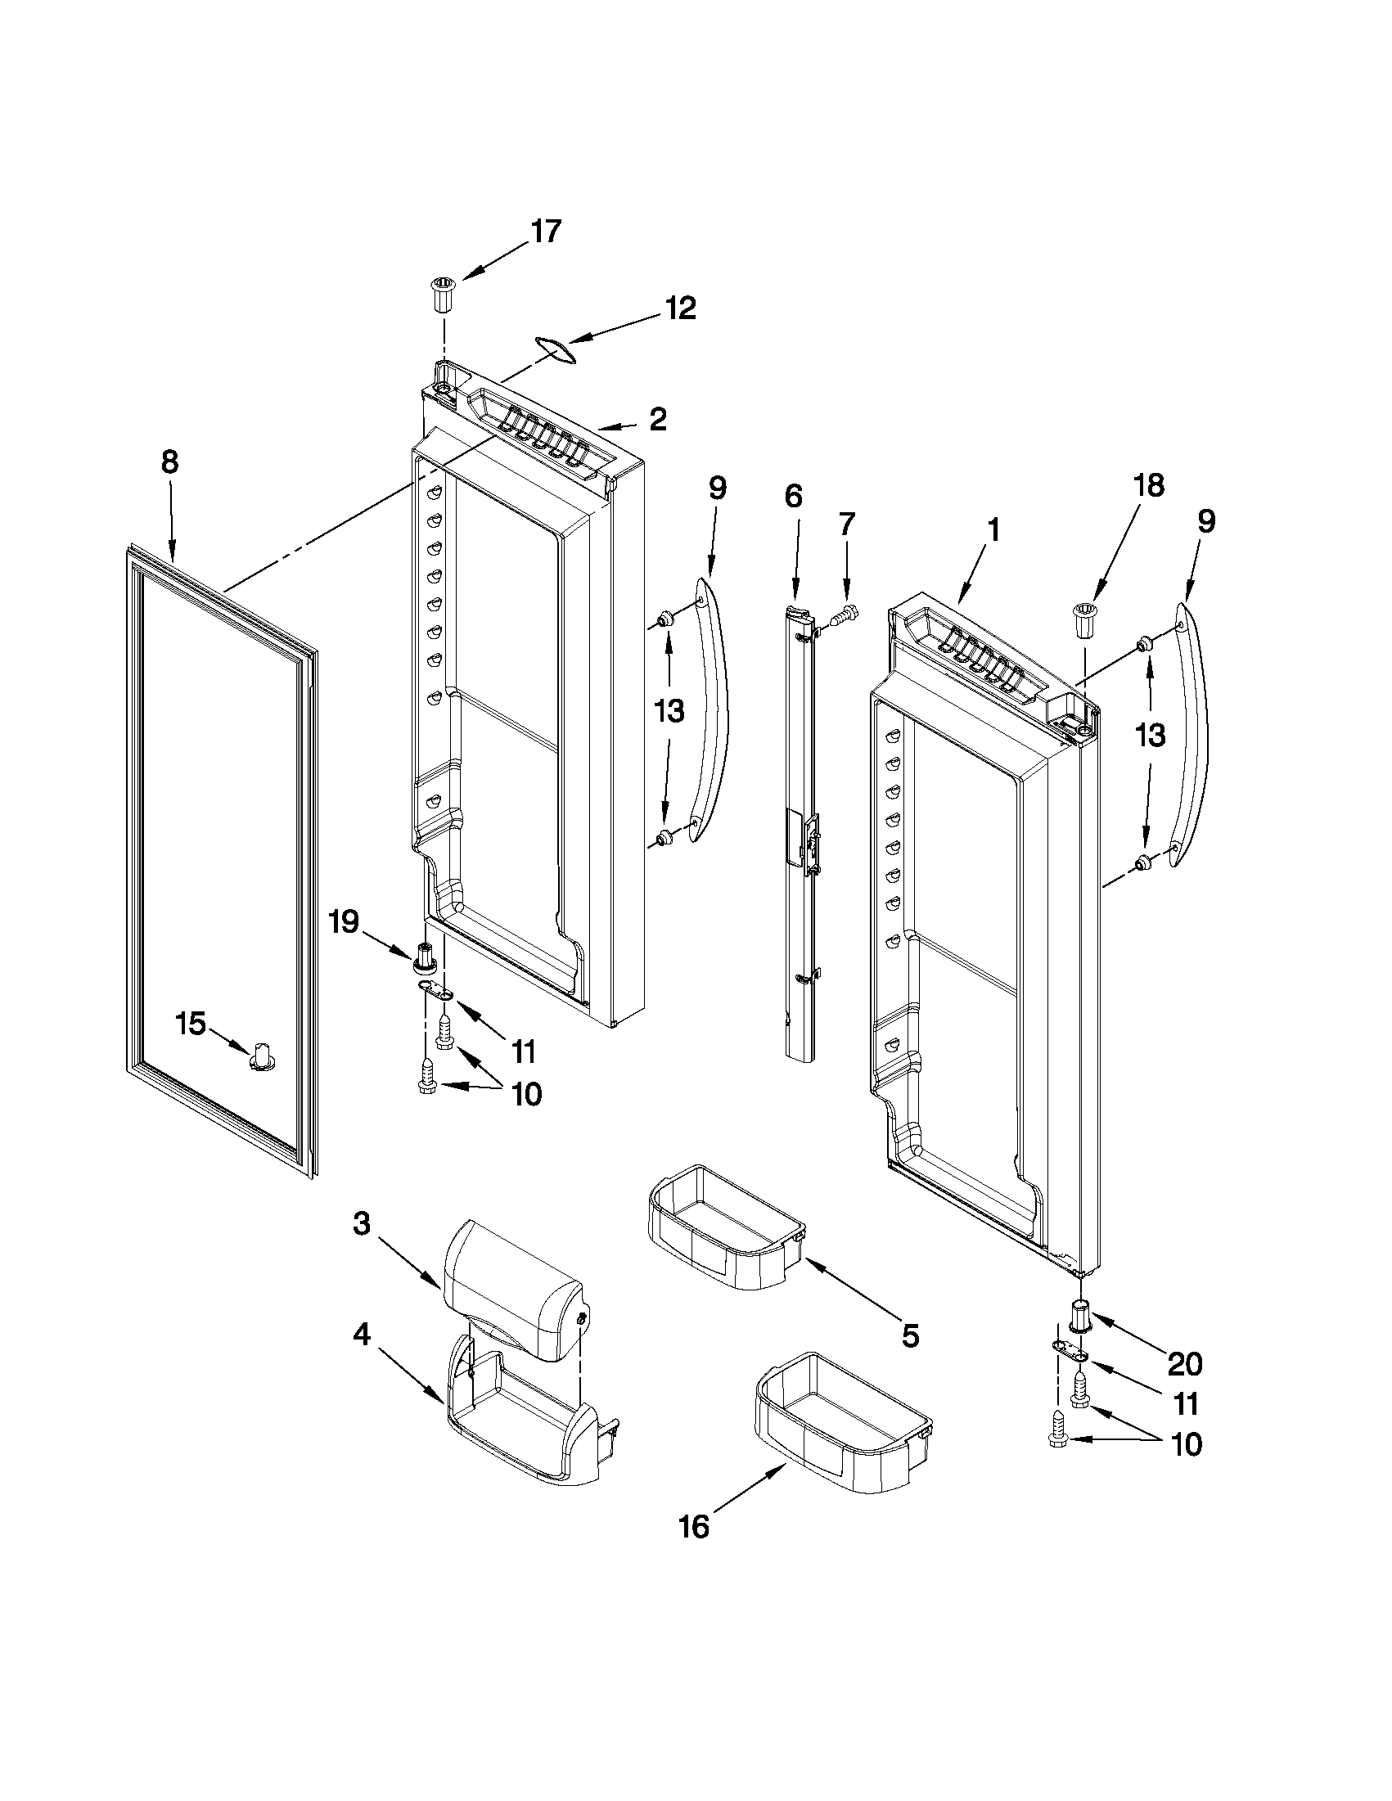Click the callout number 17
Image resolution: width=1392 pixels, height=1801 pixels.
546,232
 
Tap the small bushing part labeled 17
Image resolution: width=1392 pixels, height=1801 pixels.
442,295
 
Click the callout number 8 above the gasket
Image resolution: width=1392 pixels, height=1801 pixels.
169,462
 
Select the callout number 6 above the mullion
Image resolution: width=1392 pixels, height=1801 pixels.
792,496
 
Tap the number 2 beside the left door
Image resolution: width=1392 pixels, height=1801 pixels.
657,420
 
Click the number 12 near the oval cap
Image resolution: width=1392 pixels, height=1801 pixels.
681,308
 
